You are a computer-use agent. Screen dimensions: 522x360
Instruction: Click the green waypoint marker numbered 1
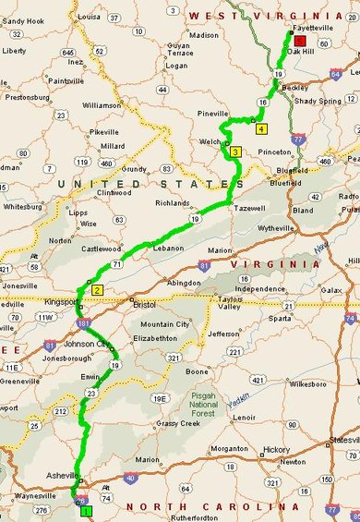pyautogui.click(x=86, y=510)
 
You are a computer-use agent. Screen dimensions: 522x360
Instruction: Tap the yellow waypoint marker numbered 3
pyautogui.click(x=235, y=152)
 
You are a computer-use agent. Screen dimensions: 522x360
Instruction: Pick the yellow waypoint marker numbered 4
pyautogui.click(x=262, y=129)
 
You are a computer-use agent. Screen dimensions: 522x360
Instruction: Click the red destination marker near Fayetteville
pyautogui.click(x=299, y=40)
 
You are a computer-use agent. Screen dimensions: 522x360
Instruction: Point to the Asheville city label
pyautogui.click(x=64, y=476)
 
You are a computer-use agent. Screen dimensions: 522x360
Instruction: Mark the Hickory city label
pyautogui.click(x=277, y=450)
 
